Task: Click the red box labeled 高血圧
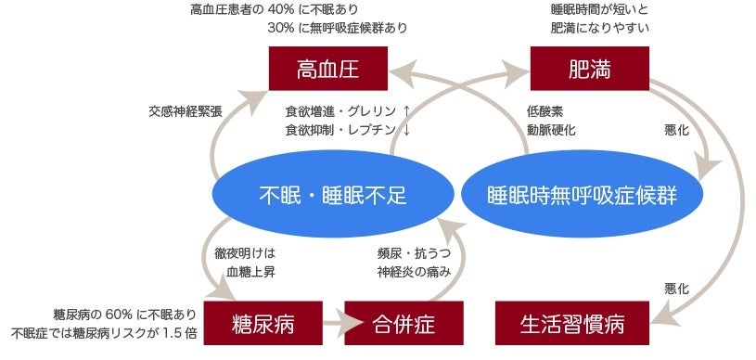327,70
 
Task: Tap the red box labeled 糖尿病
263,325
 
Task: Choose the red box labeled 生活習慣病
572,325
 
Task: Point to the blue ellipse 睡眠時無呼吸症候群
582,195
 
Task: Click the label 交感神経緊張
186,111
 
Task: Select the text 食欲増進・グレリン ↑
348,111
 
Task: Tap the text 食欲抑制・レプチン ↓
348,130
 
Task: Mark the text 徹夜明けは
245,252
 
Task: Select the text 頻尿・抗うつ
414,252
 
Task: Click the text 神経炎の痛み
414,272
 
